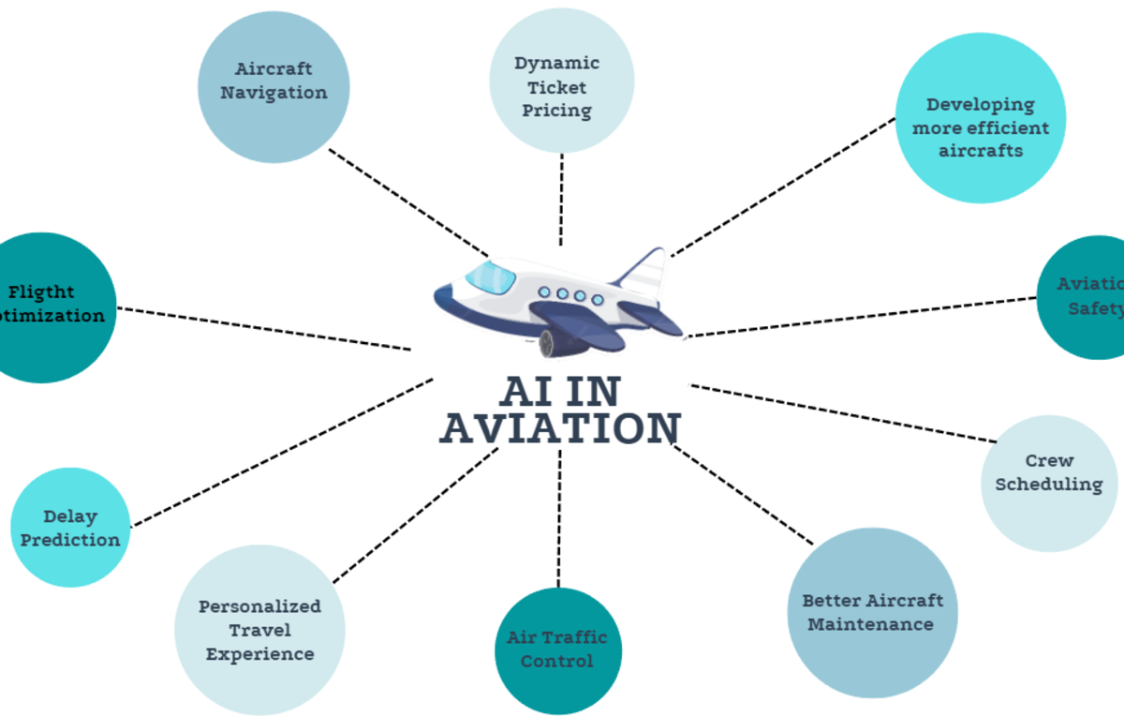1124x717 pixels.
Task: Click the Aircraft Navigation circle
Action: pos(274,86)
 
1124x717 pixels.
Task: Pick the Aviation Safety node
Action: pos(1087,297)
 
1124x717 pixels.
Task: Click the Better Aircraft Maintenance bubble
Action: pos(872,612)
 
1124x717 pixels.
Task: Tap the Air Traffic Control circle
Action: pos(557,650)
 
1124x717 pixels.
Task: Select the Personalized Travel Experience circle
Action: pos(259,630)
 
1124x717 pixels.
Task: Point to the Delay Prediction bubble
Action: pos(70,528)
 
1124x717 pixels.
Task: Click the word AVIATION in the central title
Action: pos(560,428)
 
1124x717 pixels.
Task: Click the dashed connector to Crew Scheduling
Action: pos(843,412)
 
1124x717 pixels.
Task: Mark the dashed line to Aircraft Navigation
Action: pos(408,202)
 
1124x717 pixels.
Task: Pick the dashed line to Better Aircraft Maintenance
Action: pos(743,494)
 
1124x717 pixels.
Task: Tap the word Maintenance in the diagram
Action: pos(870,624)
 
